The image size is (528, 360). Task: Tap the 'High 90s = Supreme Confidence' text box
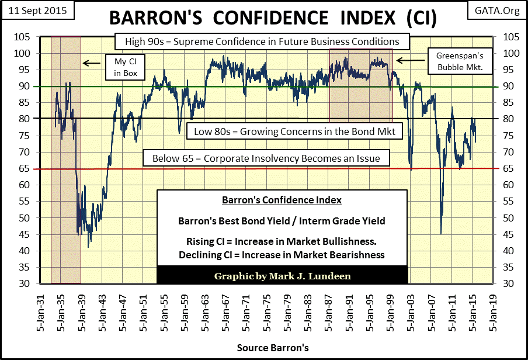(x=257, y=42)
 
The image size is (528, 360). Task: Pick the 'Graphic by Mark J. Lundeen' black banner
(x=282, y=275)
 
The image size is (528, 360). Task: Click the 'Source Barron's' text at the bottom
(x=273, y=348)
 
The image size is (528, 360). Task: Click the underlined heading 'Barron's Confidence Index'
(x=282, y=200)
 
